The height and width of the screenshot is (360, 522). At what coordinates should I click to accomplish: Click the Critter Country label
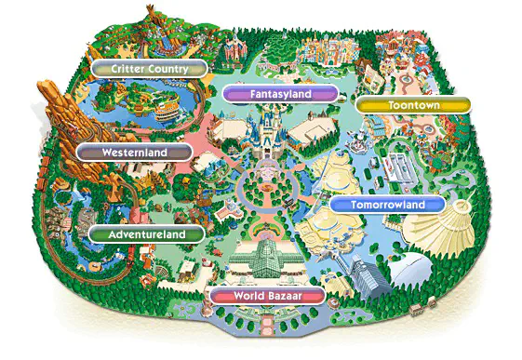click(x=149, y=69)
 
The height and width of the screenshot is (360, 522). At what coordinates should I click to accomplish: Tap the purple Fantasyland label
click(x=280, y=94)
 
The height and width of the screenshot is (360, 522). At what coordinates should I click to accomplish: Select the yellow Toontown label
click(x=412, y=106)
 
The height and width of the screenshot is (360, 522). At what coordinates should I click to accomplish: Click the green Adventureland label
click(x=144, y=234)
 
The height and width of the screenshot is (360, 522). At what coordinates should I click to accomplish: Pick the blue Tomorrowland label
click(x=388, y=205)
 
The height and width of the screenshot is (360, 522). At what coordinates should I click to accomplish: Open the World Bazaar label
click(x=268, y=297)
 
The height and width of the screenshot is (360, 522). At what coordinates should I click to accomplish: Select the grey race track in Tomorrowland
click(x=400, y=167)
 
